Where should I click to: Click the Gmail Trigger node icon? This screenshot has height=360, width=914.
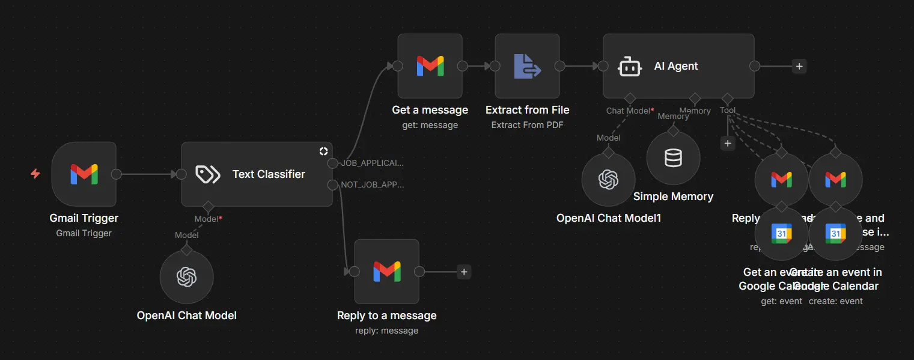click(x=84, y=174)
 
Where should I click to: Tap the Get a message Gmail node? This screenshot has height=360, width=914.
click(x=430, y=66)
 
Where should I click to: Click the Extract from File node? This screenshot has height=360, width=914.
click(x=527, y=66)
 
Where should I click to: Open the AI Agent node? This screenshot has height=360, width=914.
click(x=678, y=66)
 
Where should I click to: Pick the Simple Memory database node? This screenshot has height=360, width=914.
click(x=673, y=158)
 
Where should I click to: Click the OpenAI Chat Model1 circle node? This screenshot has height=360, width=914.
click(x=608, y=179)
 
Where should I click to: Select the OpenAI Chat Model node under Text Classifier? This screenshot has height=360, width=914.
click(x=186, y=277)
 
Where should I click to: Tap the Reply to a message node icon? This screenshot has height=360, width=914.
click(x=386, y=272)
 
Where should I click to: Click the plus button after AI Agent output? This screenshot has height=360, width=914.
click(x=799, y=66)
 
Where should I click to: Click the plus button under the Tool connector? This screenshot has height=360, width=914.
click(x=727, y=144)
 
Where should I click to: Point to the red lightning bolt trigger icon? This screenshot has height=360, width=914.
click(x=35, y=174)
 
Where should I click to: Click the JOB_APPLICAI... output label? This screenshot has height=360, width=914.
click(x=373, y=163)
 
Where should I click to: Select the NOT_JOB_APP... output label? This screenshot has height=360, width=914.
click(x=373, y=185)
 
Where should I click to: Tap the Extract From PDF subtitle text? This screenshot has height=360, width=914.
click(x=527, y=125)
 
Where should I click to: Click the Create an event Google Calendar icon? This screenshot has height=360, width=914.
click(x=835, y=233)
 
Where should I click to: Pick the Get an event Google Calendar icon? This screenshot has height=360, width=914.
click(x=781, y=233)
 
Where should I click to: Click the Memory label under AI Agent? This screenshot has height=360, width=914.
click(x=695, y=111)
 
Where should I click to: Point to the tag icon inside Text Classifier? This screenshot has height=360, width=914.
click(x=208, y=174)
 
